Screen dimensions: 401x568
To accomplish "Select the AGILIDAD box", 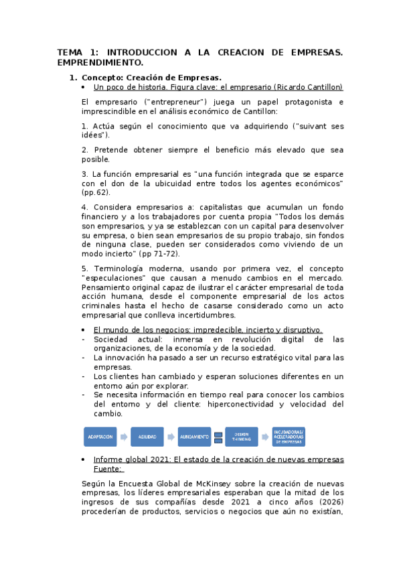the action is coord(147,437).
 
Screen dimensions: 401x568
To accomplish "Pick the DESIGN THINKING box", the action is coord(241,437).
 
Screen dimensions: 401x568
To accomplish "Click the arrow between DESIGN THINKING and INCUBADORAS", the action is coord(264,437).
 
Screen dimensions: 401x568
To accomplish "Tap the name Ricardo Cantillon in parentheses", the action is coord(309,87).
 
